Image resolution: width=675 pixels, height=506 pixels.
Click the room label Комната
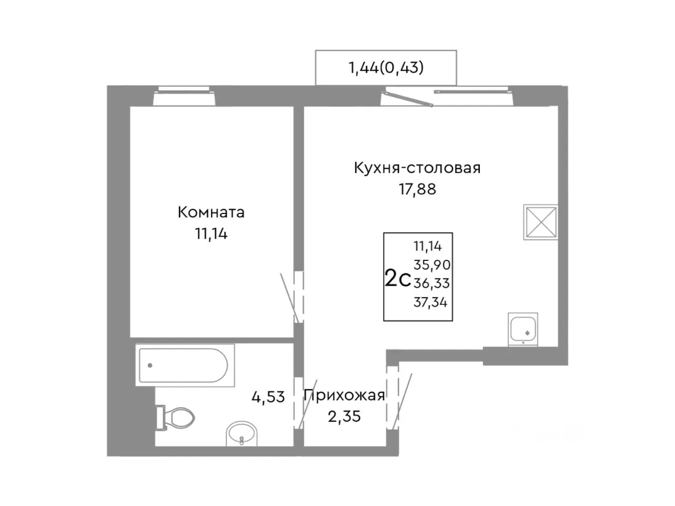click(x=211, y=212)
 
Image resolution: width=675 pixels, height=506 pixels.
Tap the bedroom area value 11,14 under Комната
click(x=211, y=233)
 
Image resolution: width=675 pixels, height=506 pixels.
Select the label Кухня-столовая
click(x=417, y=168)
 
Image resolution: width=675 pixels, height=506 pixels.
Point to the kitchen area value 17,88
click(x=417, y=189)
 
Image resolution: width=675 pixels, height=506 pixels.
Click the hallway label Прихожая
click(x=344, y=395)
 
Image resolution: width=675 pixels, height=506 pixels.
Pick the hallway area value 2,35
click(x=344, y=416)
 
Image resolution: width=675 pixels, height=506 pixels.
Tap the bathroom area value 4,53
click(x=268, y=396)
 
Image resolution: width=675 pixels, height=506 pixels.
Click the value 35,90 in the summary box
click(x=431, y=265)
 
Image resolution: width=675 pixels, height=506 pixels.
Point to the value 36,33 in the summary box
click(x=431, y=284)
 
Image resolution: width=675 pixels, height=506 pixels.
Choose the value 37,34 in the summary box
click(x=431, y=302)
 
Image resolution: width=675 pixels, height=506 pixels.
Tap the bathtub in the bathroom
click(x=182, y=365)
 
